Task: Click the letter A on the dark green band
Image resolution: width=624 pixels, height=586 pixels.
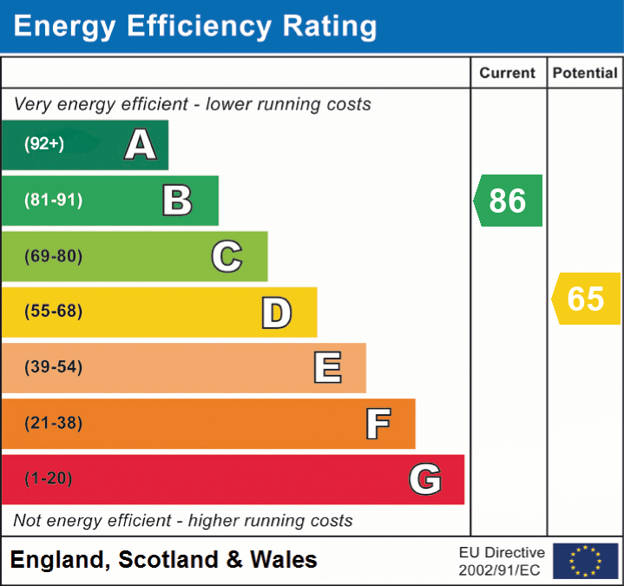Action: point(141,145)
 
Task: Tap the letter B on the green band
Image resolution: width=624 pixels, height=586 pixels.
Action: point(177,201)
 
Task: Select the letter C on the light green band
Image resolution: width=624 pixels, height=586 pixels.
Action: point(227,256)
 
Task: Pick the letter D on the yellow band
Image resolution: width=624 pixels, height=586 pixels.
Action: point(276,313)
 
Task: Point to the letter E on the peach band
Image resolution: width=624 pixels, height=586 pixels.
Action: point(327,368)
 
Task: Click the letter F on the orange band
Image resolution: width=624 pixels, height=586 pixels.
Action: point(378,424)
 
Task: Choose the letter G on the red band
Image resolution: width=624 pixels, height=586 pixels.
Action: point(425,479)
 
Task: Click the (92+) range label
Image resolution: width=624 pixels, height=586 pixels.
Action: point(44,145)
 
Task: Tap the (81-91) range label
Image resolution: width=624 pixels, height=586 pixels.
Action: point(54,201)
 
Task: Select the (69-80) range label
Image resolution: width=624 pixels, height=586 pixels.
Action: point(54,256)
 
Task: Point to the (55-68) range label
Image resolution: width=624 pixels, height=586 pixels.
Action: point(54,312)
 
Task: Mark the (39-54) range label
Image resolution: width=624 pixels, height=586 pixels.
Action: point(54,367)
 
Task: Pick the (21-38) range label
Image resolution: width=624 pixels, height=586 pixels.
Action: point(54,424)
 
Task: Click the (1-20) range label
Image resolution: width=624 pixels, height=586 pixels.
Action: point(49,478)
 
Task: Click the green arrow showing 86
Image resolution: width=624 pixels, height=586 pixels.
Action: point(509,201)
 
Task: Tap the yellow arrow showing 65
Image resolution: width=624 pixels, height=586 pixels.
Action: point(587,299)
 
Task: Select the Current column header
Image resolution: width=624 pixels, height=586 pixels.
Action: point(508,74)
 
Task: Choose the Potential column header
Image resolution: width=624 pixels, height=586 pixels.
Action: point(585,74)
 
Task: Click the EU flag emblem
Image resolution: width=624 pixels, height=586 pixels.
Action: point(585,561)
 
